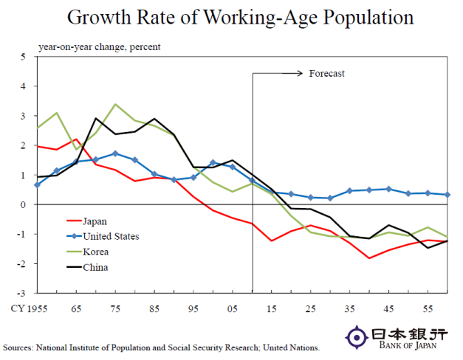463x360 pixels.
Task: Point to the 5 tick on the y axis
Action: [x=23, y=57]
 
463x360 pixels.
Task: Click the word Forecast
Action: [x=326, y=73]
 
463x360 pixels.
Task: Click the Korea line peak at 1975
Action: [x=114, y=104]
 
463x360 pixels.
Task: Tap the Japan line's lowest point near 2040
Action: [x=369, y=258]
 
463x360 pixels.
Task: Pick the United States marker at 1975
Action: [x=114, y=153]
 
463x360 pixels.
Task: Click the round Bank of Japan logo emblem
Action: [x=357, y=337]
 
